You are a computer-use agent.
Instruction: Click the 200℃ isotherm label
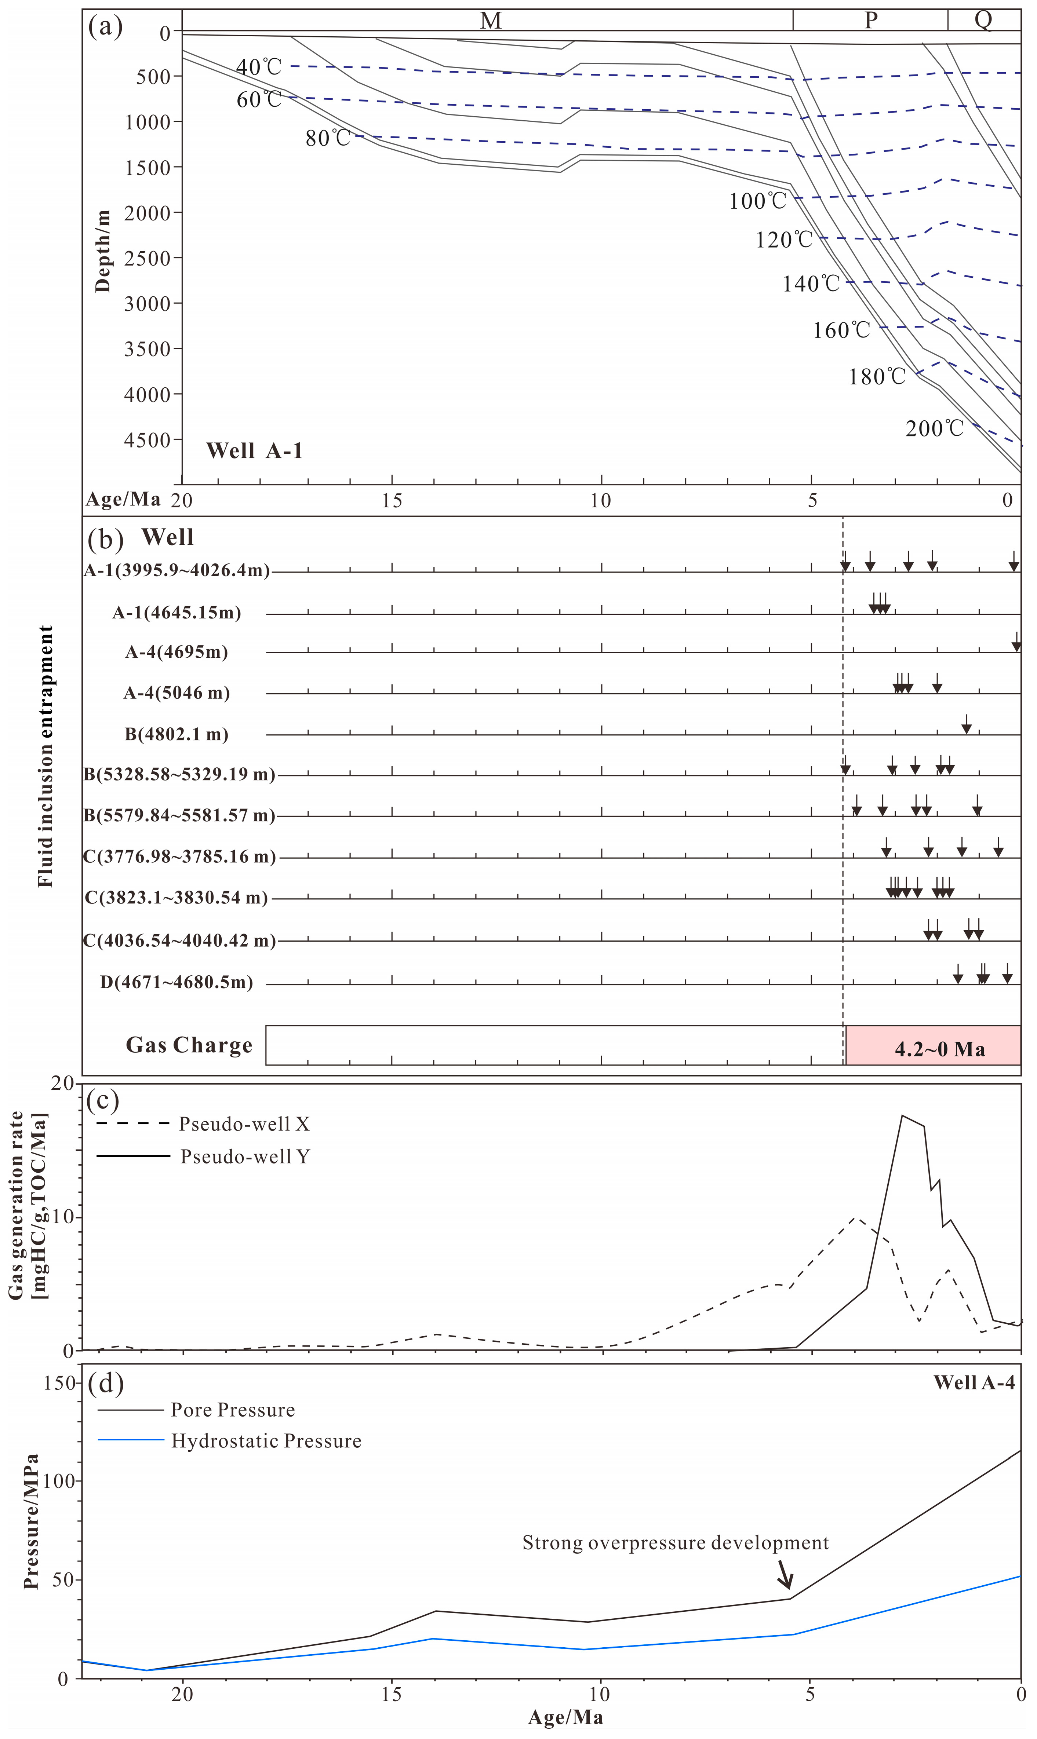click(934, 428)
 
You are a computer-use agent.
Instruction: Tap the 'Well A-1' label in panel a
click(254, 450)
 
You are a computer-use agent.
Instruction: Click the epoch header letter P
click(871, 20)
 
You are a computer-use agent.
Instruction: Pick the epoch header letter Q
click(983, 20)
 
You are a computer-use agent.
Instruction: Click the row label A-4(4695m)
click(177, 652)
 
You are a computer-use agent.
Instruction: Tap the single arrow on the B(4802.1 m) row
click(967, 724)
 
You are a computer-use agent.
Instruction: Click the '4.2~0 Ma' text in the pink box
click(940, 1049)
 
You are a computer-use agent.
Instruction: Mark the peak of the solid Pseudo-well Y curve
click(902, 1115)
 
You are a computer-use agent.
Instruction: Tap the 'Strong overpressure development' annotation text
click(675, 1543)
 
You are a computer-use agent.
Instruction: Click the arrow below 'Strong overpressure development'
click(785, 1574)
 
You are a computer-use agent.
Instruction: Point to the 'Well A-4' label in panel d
click(974, 1383)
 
